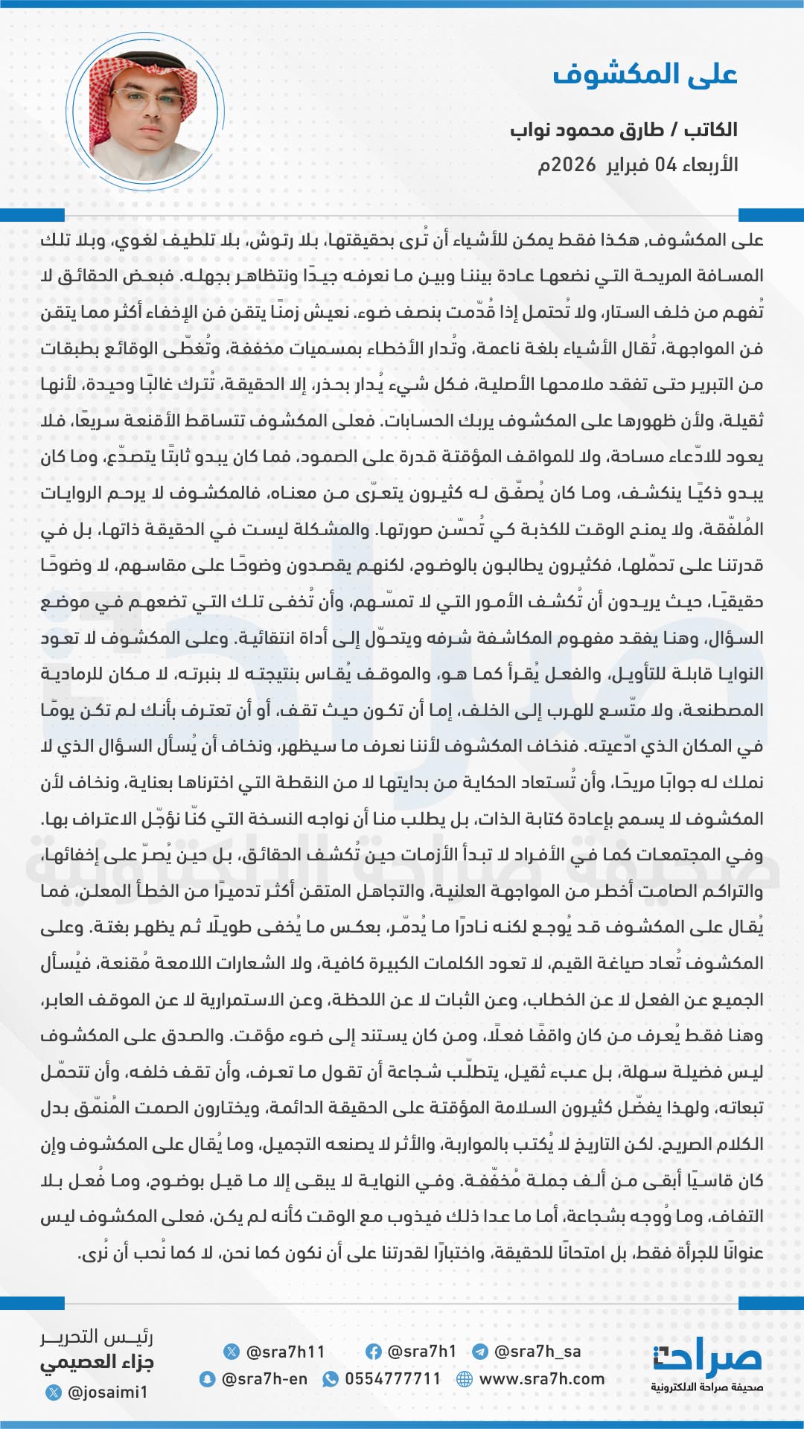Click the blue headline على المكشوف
click(x=645, y=74)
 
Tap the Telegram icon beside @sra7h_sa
click(x=480, y=1352)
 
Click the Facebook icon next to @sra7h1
click(x=374, y=1352)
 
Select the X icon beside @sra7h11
click(x=232, y=1352)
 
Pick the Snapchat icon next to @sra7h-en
click(x=207, y=1379)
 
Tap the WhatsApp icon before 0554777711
click(x=330, y=1379)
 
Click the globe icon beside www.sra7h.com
click(x=465, y=1379)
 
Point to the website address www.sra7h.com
click(x=541, y=1379)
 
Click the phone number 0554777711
click(x=392, y=1379)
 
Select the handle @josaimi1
click(x=107, y=1392)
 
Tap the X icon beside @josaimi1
click(x=54, y=1392)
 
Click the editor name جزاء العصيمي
click(x=97, y=1363)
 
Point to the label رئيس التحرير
click(x=97, y=1337)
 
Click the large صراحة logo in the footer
click(x=707, y=1358)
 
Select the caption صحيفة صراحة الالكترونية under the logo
click(x=706, y=1387)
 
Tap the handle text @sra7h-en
click(x=264, y=1379)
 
